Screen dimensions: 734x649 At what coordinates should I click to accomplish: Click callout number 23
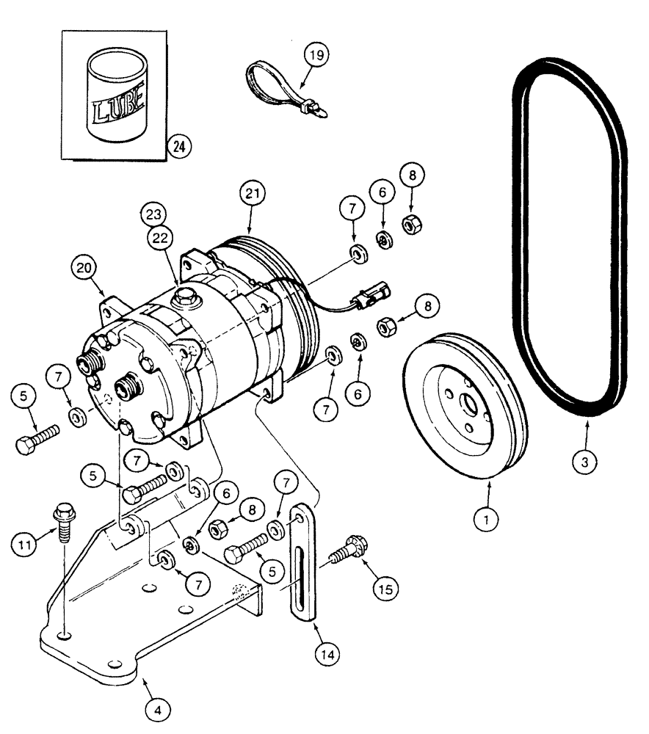coord(155,216)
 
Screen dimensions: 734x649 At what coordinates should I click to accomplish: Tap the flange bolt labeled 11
coord(63,515)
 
